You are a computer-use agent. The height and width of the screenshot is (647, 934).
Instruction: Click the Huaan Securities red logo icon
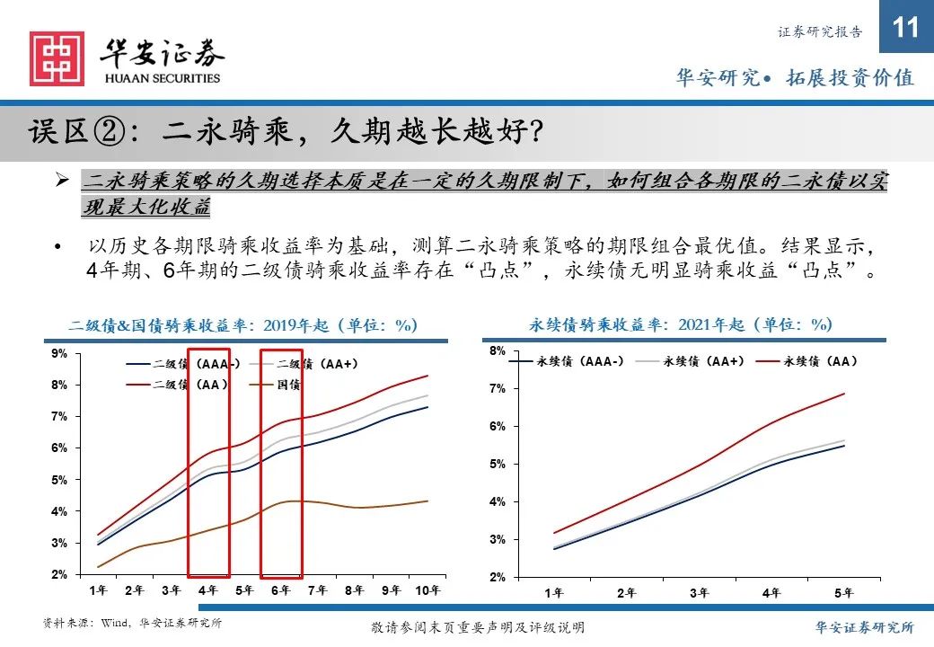coord(57,59)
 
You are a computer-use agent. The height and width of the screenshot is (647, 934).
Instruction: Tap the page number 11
coord(907,29)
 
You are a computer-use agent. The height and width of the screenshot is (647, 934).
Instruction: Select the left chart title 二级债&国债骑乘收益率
coord(243,325)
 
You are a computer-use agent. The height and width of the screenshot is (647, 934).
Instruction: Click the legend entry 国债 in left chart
coord(288,385)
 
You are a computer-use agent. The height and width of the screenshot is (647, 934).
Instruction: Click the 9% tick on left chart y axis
coord(58,354)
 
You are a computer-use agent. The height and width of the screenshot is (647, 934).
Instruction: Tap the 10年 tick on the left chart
coord(427,590)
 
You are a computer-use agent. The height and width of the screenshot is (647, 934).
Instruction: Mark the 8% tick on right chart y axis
coord(498,350)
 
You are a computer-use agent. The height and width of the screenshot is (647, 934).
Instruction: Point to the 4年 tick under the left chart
coord(207,590)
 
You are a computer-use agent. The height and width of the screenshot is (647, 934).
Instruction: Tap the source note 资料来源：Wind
coord(132,624)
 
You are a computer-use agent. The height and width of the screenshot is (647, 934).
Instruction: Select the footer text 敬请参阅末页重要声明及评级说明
coord(477,627)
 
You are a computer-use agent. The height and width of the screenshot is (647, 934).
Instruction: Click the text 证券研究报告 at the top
coord(819,31)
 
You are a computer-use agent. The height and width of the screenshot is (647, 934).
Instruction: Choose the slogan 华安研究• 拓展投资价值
coord(794,78)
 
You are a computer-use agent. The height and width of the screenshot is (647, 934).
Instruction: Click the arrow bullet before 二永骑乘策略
coord(62,182)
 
